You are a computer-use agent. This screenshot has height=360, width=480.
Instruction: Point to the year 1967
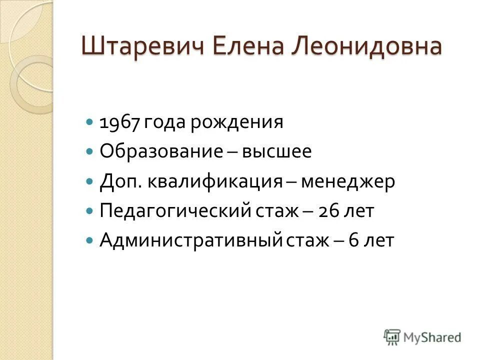click(120, 122)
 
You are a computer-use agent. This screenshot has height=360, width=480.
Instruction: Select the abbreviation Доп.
click(120, 181)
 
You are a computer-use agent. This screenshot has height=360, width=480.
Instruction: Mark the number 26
click(333, 210)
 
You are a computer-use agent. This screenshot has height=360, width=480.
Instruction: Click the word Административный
click(191, 240)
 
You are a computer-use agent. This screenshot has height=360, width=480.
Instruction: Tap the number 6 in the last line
click(352, 240)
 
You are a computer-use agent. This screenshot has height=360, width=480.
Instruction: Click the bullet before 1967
click(89, 122)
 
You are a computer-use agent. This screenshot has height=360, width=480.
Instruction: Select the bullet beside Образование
click(89, 151)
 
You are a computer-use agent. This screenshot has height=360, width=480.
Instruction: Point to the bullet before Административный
click(89, 240)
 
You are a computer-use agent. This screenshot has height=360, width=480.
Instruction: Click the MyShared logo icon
click(392, 336)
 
